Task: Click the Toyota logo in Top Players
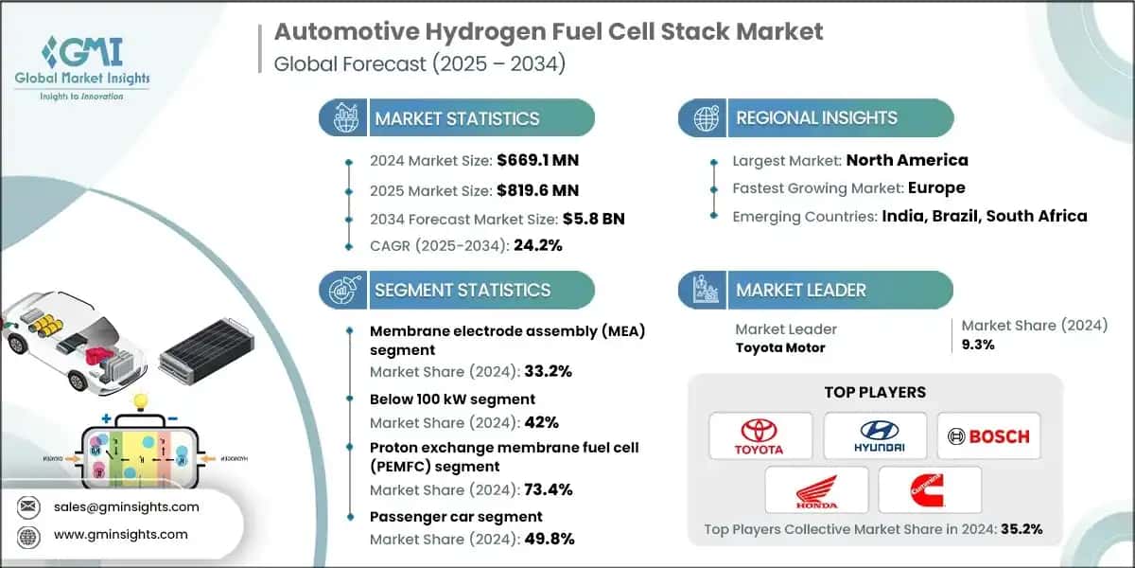pos(759,435)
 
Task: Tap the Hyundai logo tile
pos(874,435)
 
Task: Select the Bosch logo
pos(988,435)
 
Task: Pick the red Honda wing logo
pos(816,489)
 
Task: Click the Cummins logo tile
pos(929,489)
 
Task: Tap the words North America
pos(907,160)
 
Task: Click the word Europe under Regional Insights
pos(933,187)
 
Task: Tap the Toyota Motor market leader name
pos(779,347)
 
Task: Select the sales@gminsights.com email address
pos(127,506)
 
